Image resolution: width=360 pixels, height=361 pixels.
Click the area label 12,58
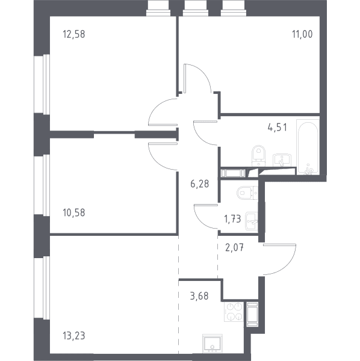tap(73, 34)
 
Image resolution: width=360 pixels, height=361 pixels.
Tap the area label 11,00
tap(302, 34)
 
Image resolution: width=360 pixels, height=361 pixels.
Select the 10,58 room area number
tap(73, 213)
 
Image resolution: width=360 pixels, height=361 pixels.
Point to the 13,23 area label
tap(73, 336)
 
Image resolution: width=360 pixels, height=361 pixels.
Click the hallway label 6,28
tap(199, 184)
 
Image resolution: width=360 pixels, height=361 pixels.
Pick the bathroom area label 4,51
tap(278, 128)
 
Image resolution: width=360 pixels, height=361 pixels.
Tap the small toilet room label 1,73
tap(232, 219)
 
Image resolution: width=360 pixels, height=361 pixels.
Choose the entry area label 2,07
tap(234, 248)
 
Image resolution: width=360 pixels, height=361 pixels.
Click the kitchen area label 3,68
tap(199, 296)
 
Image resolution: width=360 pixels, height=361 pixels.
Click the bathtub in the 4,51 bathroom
tap(308, 147)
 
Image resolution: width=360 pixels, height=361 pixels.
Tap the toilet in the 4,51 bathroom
tap(259, 155)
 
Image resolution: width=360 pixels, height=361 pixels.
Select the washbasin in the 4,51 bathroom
tap(282, 160)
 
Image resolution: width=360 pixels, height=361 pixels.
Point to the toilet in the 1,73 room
tap(247, 193)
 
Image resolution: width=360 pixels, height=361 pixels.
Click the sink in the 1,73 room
tap(252, 221)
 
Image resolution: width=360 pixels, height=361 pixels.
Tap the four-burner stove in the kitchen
tap(234, 312)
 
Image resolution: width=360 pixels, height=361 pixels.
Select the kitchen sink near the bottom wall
tap(213, 344)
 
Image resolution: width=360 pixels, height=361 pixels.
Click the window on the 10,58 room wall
tap(42, 185)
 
